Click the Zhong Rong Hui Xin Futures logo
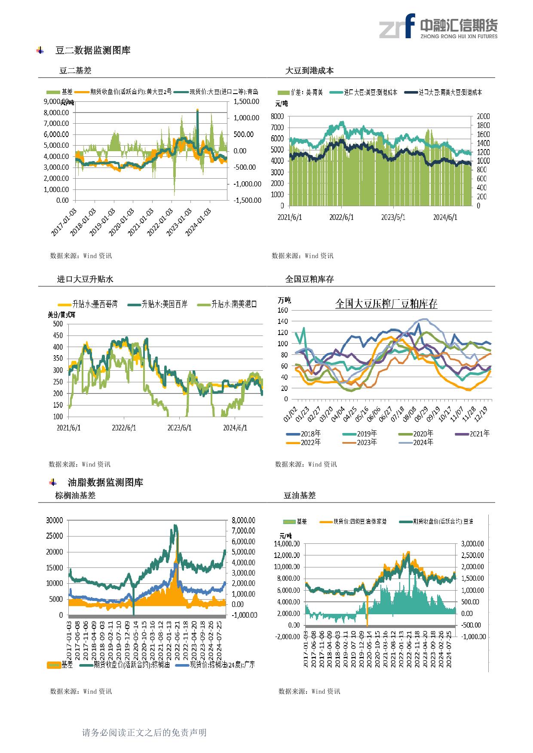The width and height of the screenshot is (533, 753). (438, 26)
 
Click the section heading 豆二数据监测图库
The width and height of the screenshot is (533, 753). (93, 50)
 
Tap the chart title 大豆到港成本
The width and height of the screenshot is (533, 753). (309, 71)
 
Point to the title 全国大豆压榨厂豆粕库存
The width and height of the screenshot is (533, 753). (386, 304)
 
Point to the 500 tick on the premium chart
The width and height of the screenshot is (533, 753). (58, 324)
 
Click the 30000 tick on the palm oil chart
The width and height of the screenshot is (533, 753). (55, 520)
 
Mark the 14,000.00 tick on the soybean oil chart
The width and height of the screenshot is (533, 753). (287, 544)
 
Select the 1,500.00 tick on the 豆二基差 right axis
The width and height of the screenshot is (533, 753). (246, 102)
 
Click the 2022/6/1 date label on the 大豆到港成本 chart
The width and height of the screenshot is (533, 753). (341, 217)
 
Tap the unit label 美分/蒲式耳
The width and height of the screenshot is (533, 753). (61, 314)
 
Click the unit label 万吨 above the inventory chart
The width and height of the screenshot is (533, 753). (284, 300)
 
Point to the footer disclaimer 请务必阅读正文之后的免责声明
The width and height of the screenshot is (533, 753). (144, 732)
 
